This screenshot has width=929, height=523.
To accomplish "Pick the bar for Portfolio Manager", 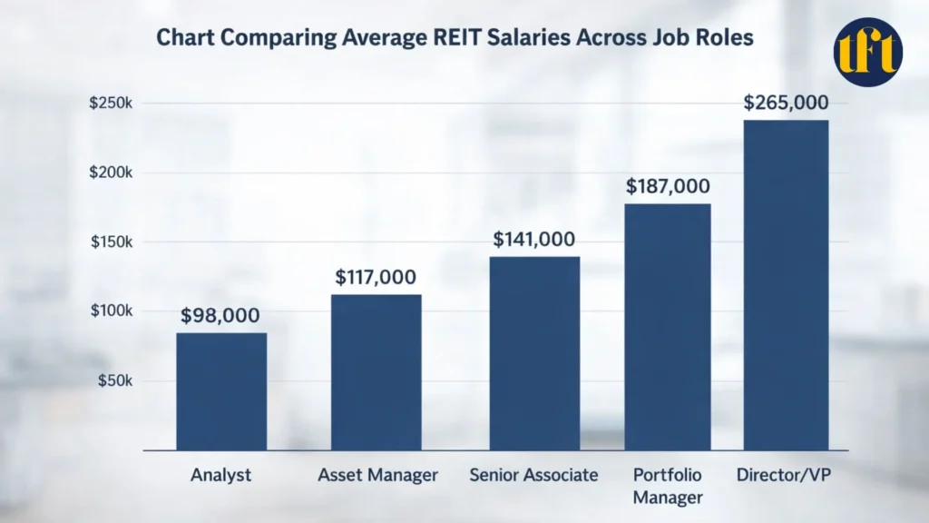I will coord(666,327).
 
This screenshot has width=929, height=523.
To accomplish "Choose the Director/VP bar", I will coord(786,285).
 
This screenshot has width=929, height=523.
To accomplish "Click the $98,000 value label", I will coord(220,316).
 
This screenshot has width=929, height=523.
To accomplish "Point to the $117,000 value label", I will coord(376,277).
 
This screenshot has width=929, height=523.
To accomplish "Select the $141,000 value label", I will coord(533,240).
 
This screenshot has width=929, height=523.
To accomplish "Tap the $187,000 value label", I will coord(668,186).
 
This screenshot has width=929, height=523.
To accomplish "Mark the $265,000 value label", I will coord(786,103).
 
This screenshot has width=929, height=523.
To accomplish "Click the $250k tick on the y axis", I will coord(111,104).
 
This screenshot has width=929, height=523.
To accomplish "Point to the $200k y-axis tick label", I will coord(111,173).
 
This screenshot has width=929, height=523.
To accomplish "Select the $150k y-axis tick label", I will coord(111,242).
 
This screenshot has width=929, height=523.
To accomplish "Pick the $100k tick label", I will coord(111,311).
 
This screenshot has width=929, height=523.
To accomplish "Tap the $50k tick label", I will coord(114,380).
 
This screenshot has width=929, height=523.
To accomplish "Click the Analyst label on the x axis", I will coord(220,475).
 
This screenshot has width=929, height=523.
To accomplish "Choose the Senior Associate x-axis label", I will coord(533,475).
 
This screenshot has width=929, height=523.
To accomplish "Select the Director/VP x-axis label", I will coord(786,475).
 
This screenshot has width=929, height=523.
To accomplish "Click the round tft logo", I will coord(868,51).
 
